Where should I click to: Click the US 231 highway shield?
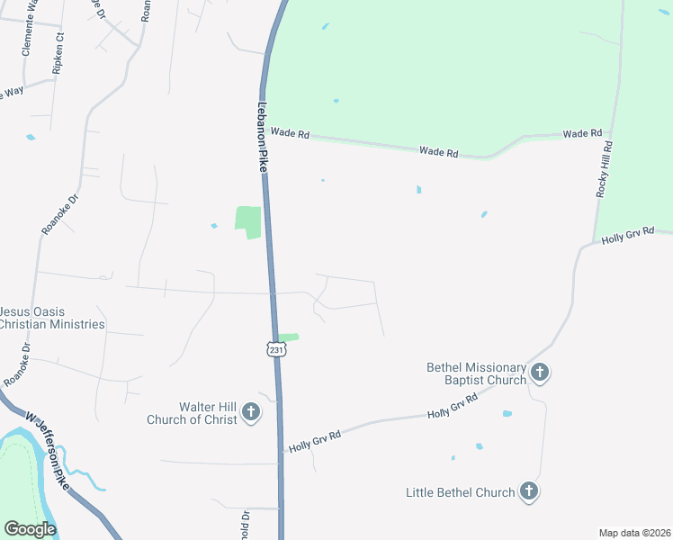pos(276,349)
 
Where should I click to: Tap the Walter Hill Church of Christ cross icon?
pos(251,413)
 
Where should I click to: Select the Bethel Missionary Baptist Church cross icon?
pos(540,373)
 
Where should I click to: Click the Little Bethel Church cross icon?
pos(529,491)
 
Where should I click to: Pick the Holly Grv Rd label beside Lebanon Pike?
pos(315,440)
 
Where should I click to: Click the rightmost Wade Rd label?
pos(582,134)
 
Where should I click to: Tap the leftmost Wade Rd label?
pos(290,133)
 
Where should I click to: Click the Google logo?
pos(30,529)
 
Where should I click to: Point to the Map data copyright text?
pos(635,533)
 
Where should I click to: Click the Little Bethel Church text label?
pos(460,492)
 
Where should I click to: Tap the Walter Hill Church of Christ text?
pos(192,413)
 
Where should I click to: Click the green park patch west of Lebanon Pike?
pos(248,221)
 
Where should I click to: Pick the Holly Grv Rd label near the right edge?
pos(627,236)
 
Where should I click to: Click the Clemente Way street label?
pos(29,27)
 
